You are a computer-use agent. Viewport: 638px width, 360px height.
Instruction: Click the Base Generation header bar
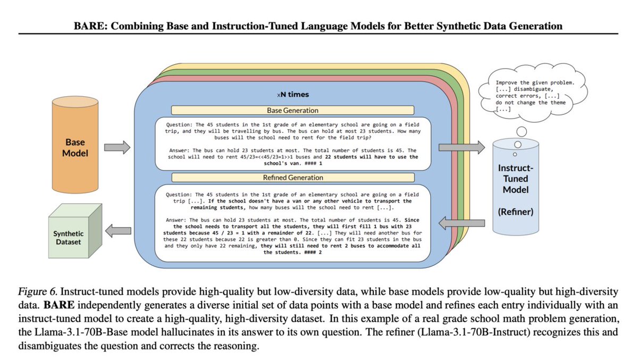(x=292, y=111)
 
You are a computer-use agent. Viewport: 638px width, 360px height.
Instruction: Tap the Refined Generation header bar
(x=292, y=178)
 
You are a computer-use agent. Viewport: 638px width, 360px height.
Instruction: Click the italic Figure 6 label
(x=36, y=291)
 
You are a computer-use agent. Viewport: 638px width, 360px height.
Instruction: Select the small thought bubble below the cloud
(x=521, y=131)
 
